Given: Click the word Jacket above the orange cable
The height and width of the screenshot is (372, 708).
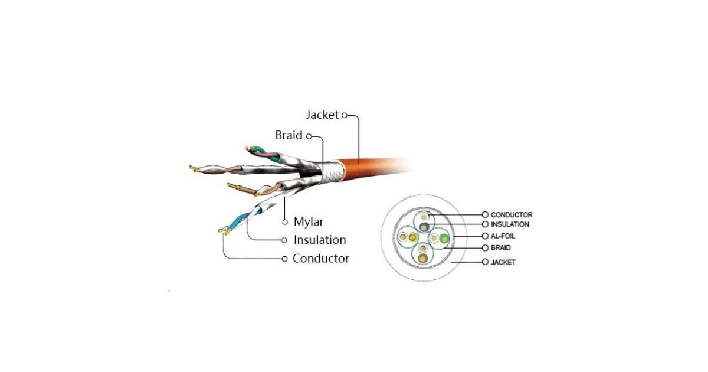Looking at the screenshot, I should tap(322, 115).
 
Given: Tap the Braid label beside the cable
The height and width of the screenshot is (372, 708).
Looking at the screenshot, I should tap(289, 135).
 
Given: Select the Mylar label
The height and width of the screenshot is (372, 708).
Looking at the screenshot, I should tap(309, 222).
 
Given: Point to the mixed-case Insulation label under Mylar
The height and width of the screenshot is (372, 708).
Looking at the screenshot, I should tap(320, 240).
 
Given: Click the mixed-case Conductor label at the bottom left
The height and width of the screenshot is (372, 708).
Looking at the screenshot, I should tap(320, 259).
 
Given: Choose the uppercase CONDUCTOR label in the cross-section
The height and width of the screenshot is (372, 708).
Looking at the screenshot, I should tap(511, 215).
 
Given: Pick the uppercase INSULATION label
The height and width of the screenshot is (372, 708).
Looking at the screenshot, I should tap(510, 224).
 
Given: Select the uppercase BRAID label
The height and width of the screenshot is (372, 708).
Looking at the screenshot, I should tap(500, 248).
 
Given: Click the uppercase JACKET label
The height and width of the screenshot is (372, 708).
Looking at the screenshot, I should tap(503, 262).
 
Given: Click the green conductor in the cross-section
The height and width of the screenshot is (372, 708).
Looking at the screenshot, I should tap(444, 239).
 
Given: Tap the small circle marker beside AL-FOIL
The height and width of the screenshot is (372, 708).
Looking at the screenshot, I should tap(485, 236).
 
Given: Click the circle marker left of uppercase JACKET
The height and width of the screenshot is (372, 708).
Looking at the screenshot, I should tap(485, 262).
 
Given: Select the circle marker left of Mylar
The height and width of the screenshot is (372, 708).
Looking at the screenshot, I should tap(284, 222).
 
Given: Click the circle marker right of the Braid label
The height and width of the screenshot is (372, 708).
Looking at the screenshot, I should tap(308, 135).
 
